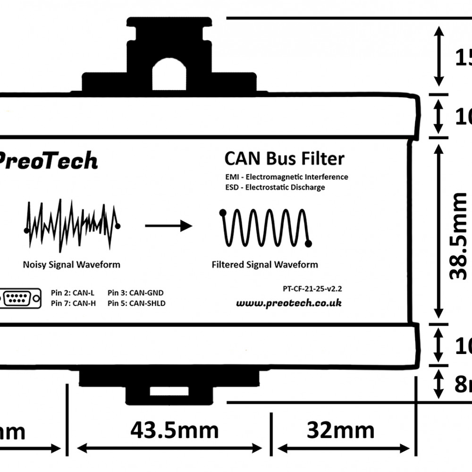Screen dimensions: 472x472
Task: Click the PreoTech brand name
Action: pos(47,161)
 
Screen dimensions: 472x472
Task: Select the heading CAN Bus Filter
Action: pos(284,159)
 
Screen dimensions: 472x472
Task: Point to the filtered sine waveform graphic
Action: pos(265,227)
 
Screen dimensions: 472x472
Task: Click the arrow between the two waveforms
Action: pos(168,226)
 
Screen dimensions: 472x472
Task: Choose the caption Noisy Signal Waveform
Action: pos(71,264)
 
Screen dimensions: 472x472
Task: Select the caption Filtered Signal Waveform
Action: pos(264,264)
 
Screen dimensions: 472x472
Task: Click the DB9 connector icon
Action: pos(21,298)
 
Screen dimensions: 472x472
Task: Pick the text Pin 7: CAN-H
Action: pos(73,303)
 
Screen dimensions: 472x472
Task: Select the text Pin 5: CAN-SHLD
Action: pos(136,303)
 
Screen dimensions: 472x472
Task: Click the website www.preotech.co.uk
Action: pos(288,303)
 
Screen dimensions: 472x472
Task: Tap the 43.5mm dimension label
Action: pos(174,430)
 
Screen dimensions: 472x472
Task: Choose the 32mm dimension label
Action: pos(340,430)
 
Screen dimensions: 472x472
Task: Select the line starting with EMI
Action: pos(287,177)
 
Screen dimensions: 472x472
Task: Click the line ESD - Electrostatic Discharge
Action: pos(276,187)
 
